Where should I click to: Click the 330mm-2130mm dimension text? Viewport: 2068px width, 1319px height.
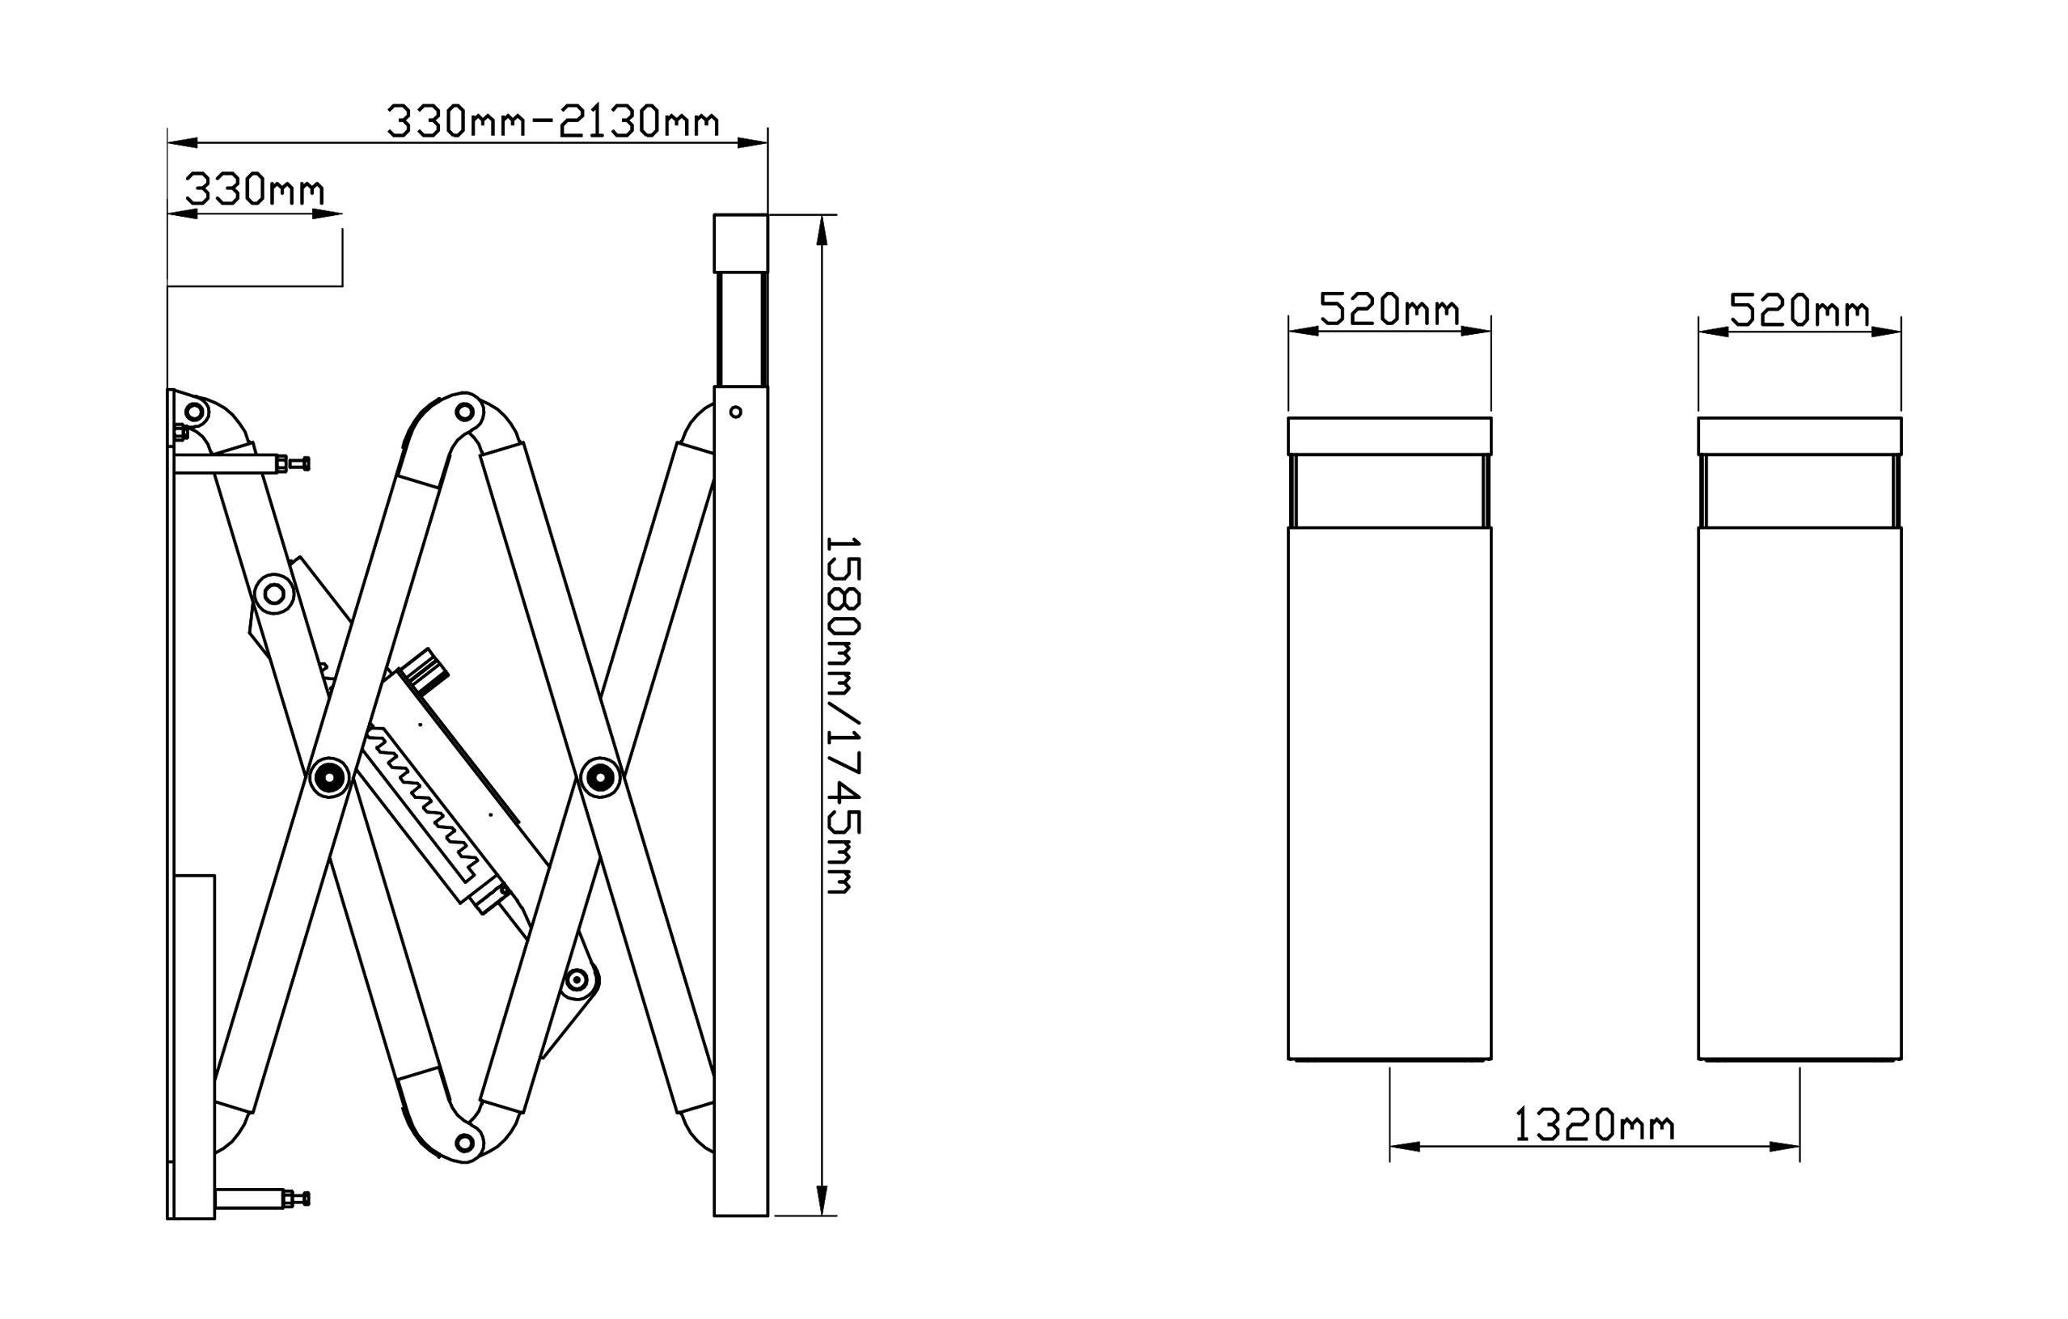pos(552,121)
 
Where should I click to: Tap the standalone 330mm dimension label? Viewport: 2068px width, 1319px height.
pos(255,190)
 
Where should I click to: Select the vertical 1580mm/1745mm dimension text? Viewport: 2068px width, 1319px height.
pos(843,716)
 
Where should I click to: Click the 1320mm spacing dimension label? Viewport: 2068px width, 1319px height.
pos(1593,1124)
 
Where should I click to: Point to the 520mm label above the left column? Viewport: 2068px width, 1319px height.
pos(1389,309)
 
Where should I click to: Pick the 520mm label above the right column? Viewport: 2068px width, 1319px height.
pos(1799,310)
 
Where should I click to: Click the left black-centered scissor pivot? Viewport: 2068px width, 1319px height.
pos(329,777)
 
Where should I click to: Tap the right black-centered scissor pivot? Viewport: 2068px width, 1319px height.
pos(600,777)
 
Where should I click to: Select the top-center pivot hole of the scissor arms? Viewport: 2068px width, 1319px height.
pos(464,412)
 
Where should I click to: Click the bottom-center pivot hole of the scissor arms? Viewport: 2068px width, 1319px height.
pos(464,1143)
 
